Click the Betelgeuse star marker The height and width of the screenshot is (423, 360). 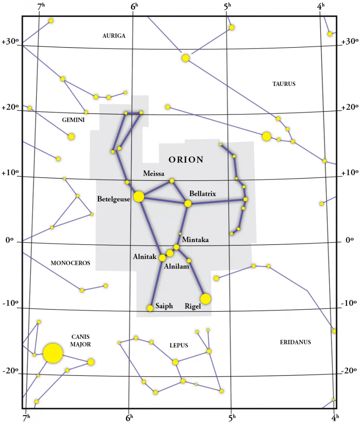click(139, 197)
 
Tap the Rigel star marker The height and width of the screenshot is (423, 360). click(205, 299)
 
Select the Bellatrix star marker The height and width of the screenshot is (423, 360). click(188, 203)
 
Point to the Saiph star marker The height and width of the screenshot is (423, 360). click(150, 308)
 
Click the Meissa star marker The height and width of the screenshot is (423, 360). click(172, 181)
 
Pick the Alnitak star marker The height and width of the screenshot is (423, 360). click(162, 258)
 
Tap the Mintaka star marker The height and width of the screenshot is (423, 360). click(176, 247)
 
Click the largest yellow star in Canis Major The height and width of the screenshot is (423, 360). click(53, 353)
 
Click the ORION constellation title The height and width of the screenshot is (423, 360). click(186, 159)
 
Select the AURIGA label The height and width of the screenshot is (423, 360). click(114, 36)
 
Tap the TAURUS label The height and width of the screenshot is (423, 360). click(284, 84)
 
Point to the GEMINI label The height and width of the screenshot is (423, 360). click(73, 120)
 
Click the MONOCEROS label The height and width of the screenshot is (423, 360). click(70, 263)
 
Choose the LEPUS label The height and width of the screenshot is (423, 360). click(179, 345)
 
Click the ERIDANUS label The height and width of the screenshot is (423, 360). click(295, 342)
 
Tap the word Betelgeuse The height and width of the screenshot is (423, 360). click(114, 199)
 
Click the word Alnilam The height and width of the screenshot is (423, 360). click(176, 266)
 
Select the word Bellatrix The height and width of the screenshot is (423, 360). click(203, 193)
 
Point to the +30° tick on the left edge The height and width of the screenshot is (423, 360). click(10, 42)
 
